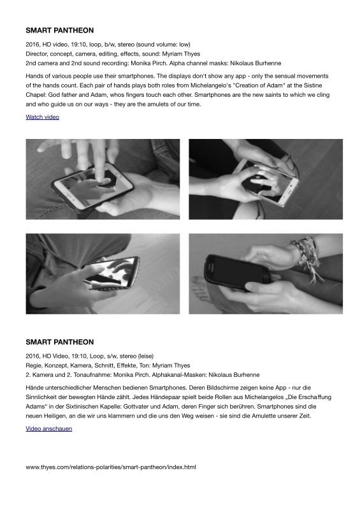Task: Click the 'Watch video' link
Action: click(42, 117)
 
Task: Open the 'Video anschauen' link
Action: click(49, 428)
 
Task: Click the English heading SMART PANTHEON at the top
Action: click(60, 30)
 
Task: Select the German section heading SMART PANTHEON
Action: click(60, 342)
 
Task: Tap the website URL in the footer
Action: click(111, 467)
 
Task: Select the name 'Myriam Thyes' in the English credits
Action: click(181, 54)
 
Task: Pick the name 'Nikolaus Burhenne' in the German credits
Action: click(234, 375)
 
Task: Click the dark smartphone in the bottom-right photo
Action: click(238, 272)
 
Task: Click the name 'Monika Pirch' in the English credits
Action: click(148, 63)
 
